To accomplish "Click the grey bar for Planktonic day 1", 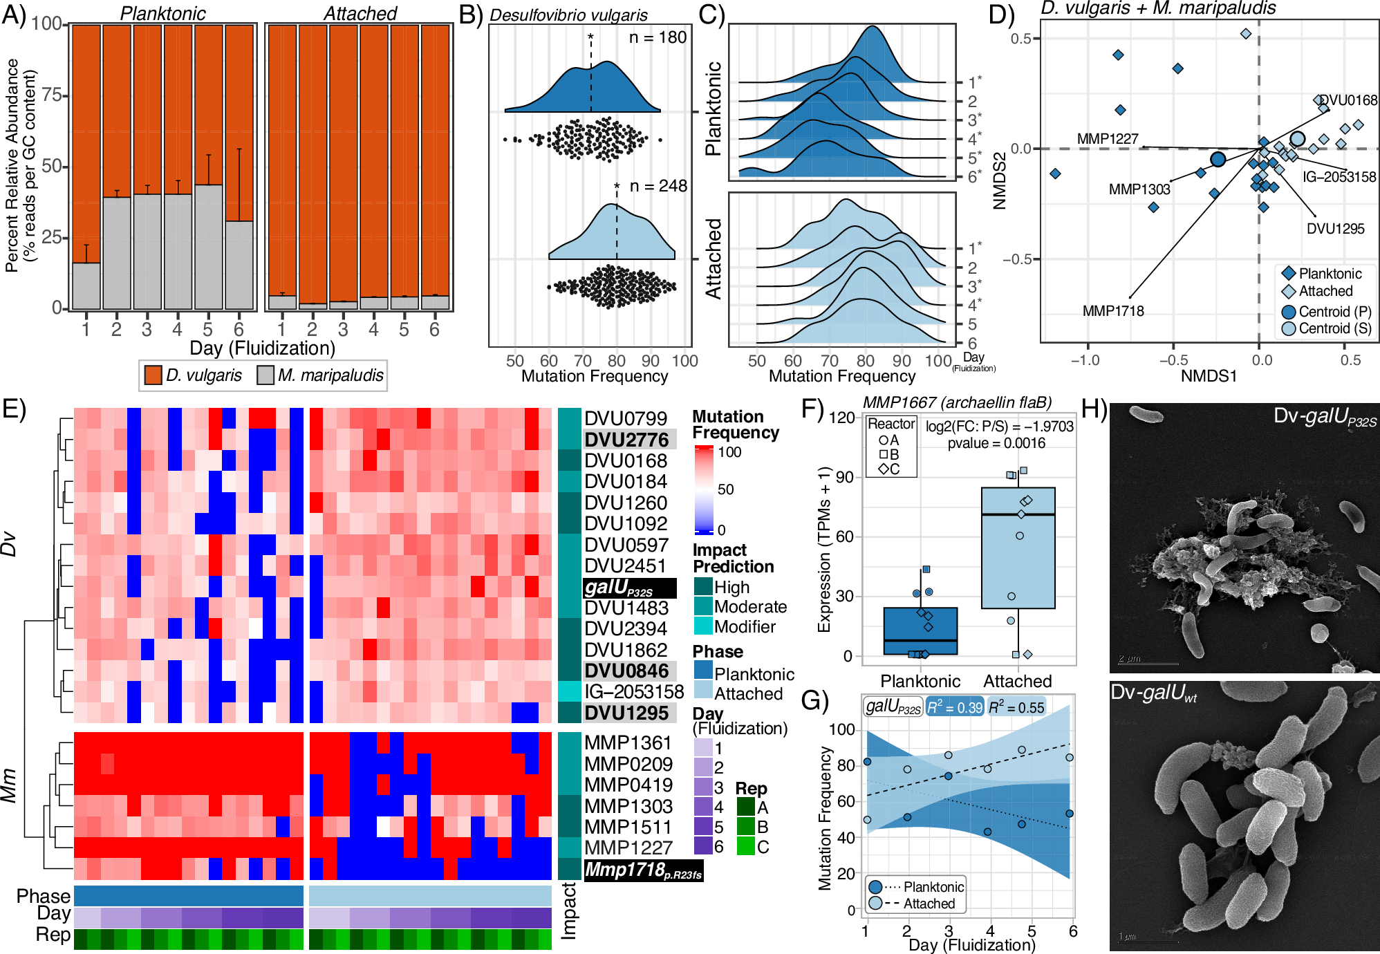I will (x=86, y=286).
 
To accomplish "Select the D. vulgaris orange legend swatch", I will (x=153, y=375).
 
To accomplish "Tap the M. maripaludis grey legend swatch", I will (x=265, y=375).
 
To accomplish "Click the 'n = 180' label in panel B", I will (x=658, y=38).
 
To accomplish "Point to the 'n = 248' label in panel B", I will (x=658, y=186).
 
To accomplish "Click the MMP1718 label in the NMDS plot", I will (x=1113, y=311).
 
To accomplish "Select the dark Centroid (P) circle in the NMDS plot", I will (x=1218, y=160).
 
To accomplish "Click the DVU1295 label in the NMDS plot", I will (x=1335, y=229).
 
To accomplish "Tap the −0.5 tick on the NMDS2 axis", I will (x=1021, y=259).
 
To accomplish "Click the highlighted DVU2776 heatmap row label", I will (x=627, y=440).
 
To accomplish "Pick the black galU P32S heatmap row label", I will (x=628, y=588).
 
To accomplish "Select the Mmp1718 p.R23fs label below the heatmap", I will (x=643, y=870).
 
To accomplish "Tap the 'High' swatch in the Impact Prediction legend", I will (x=703, y=587).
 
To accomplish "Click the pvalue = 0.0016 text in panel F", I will (x=996, y=443).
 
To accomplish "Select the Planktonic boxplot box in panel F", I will (x=920, y=630).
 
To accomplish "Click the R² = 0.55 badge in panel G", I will (x=1016, y=707).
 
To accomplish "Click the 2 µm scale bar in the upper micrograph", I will (x=1148, y=663).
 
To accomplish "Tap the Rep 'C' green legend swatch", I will (x=745, y=846).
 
